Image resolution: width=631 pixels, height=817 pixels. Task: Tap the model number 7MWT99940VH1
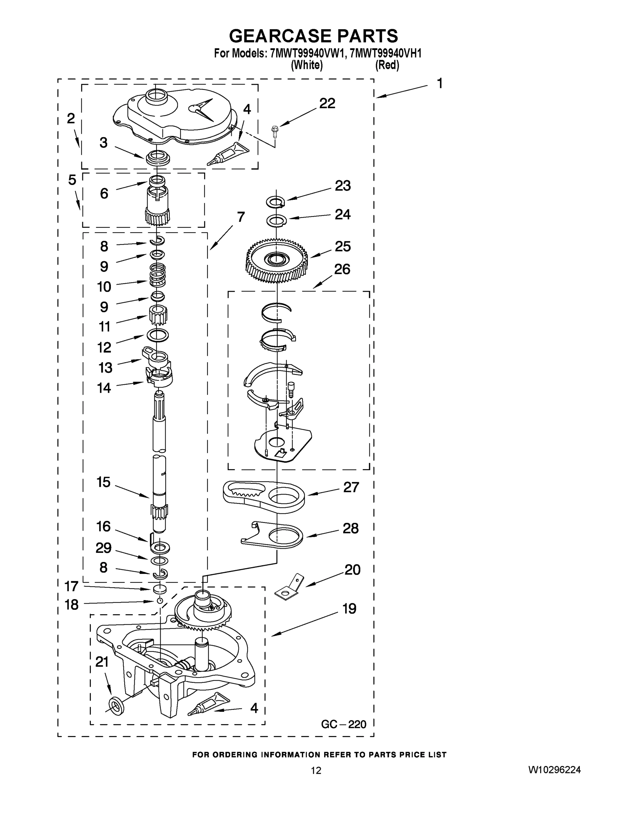point(386,53)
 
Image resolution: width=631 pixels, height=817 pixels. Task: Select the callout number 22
point(327,103)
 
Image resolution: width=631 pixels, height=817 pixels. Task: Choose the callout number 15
point(103,482)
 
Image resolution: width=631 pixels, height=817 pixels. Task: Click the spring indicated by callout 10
point(158,276)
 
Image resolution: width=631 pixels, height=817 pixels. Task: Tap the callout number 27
point(351,487)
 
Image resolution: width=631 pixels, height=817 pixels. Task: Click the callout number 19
point(350,609)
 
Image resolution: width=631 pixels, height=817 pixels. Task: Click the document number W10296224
point(554,769)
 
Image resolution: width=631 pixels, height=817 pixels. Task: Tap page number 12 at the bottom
point(316,771)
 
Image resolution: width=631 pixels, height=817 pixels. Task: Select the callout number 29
point(103,548)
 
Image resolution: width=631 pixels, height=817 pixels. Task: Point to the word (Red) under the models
point(387,65)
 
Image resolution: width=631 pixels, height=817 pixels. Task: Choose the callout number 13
point(105,368)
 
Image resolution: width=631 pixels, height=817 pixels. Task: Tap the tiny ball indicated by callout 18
point(160,601)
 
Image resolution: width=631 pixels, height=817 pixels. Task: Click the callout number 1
point(440,83)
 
